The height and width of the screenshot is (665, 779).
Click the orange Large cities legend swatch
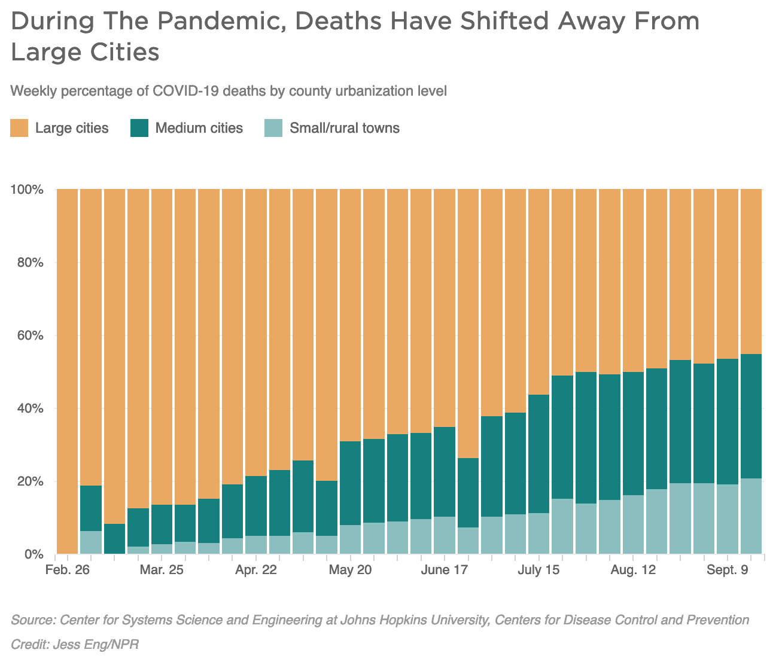click(x=19, y=128)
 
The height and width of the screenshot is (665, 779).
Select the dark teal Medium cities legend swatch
click(x=139, y=128)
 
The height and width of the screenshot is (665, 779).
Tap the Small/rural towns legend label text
click(x=344, y=128)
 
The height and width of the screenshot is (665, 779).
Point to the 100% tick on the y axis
click(x=28, y=190)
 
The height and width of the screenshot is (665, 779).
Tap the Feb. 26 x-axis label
click(x=67, y=570)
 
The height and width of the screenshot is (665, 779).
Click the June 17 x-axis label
click(x=444, y=570)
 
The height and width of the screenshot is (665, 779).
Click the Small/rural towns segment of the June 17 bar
click(x=444, y=535)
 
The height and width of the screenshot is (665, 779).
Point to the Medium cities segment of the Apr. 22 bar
click(x=255, y=506)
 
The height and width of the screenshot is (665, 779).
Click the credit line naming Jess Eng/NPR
click(x=75, y=645)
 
